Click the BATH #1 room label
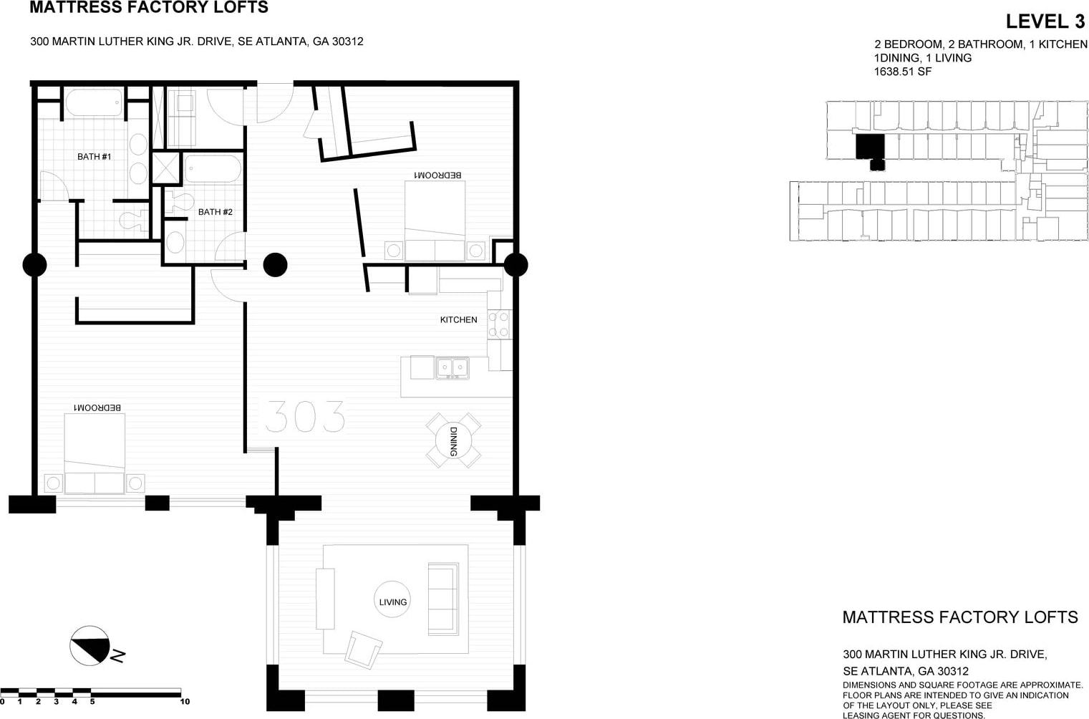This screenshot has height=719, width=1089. point(95,157)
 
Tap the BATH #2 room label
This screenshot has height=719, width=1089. point(216,212)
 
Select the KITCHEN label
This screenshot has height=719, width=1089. point(458,320)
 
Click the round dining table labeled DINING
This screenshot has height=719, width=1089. point(454,441)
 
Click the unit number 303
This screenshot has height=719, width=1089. point(305,417)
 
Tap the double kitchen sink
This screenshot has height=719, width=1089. point(452,368)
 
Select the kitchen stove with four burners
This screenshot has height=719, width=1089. point(500,324)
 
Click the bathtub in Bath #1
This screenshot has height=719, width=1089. point(94,102)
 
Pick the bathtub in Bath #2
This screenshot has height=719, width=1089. point(213,169)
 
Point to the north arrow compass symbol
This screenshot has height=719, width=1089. point(90,645)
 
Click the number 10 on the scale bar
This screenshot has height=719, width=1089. point(185,702)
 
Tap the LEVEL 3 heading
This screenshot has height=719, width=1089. point(1045,21)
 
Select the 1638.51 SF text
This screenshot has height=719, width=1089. point(903,72)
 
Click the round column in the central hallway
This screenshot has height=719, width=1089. point(275,265)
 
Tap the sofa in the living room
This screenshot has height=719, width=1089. point(443,599)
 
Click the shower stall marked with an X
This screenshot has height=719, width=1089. point(166,168)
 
